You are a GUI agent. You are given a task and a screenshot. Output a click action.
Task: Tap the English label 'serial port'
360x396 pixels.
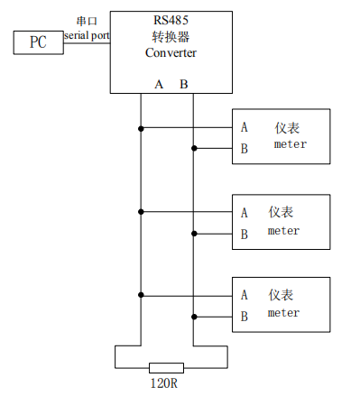[87, 35]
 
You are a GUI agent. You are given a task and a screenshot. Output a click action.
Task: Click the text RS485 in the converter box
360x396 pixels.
[171, 20]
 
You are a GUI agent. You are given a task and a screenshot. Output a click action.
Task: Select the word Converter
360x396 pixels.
[171, 52]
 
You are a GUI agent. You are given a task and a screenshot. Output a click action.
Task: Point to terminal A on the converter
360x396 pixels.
[159, 85]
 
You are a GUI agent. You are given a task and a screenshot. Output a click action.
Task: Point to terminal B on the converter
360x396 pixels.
[184, 85]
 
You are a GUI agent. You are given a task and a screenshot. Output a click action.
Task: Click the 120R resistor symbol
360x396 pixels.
[166, 368]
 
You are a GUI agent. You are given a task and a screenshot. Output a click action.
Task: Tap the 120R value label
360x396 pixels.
[164, 383]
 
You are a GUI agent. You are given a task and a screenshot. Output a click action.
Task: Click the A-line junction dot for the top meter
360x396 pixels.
[141, 129]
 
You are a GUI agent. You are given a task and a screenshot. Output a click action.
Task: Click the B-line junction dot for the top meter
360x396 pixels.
[194, 148]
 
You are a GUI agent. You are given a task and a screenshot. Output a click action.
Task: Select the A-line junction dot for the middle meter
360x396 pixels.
[141, 212]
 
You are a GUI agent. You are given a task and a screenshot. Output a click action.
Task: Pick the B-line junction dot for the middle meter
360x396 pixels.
[194, 234]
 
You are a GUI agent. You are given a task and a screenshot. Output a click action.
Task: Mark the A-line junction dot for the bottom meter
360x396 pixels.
[141, 295]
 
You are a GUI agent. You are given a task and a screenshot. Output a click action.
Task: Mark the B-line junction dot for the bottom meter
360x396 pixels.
[194, 317]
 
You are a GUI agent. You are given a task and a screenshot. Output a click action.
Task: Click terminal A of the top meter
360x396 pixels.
[245, 127]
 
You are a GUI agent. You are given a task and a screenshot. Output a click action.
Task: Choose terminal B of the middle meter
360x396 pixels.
[245, 235]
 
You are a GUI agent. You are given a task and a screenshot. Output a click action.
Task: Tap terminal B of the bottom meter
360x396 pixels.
[245, 317]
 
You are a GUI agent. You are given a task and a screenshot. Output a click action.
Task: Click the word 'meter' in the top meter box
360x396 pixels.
[291, 144]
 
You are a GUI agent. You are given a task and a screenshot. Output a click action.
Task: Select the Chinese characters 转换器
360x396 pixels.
[171, 37]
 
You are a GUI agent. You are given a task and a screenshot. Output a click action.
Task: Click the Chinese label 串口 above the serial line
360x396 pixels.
[87, 21]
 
